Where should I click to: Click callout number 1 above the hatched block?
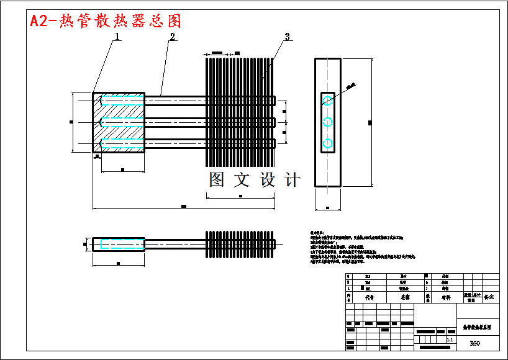pos(117,37)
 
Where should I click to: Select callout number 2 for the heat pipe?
pos(173,37)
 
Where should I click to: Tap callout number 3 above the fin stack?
pos(286,37)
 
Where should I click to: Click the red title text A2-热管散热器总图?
pos(106,21)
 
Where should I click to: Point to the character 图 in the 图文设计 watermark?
pos(217,180)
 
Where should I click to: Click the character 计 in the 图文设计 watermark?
pos(292,180)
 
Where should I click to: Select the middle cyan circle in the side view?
pos(328,121)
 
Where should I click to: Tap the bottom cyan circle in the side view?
pos(328,144)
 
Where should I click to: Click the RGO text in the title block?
pos(474,343)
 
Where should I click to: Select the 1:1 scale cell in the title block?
pos(450,340)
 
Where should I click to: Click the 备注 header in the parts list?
pos(489,297)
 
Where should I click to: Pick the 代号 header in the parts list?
pos(369,297)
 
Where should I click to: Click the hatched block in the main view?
pos(119,123)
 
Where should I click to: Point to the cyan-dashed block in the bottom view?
pos(119,244)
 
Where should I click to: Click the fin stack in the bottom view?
pos(240,244)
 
